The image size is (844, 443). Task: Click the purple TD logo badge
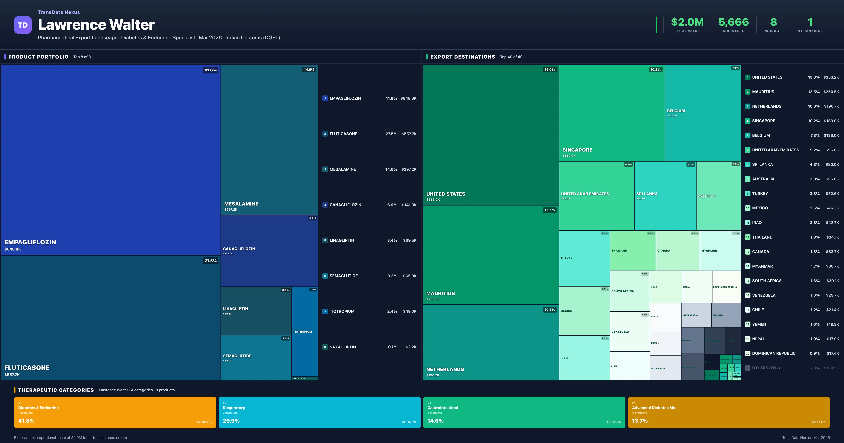coord(23,25)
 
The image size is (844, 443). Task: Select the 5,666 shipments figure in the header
coord(733,22)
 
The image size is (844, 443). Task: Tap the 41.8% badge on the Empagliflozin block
coord(210,70)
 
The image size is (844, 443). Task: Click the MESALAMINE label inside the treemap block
coord(241,204)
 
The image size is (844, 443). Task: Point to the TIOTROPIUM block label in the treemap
coord(302,332)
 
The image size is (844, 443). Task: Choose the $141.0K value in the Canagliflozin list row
coord(409,205)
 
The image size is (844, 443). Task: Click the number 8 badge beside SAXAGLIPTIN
coord(325,347)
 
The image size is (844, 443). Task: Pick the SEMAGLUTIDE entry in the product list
coord(343,276)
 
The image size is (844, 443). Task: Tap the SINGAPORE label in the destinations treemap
coord(577,150)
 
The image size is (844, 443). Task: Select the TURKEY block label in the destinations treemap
coord(566,258)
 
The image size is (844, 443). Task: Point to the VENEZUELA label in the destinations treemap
coord(620,332)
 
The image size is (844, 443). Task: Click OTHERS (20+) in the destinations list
coord(766,368)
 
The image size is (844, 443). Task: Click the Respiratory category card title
coord(234,408)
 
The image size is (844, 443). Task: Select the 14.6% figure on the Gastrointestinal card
coord(435,421)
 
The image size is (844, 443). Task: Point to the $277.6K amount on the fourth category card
coord(819,422)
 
